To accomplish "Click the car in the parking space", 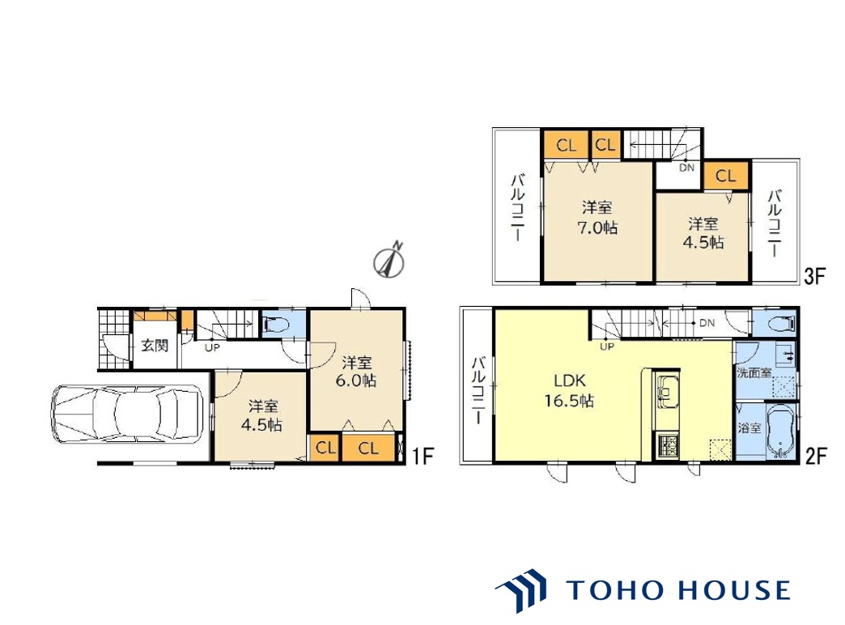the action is click(127, 415).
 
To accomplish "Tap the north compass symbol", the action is click(389, 261).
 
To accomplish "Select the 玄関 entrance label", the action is click(155, 346).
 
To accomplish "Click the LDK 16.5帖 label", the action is click(570, 391).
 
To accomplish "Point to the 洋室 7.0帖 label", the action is click(597, 218).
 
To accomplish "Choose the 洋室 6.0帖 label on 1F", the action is click(355, 372).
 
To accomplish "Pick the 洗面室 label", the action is click(754, 372).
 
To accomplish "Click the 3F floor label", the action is click(814, 277).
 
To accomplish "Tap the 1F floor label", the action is click(423, 457).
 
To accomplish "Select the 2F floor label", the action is click(815, 457).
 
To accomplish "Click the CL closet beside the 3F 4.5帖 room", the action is click(725, 176).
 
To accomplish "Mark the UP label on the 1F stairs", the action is click(212, 348).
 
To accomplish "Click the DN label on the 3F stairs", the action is click(686, 168).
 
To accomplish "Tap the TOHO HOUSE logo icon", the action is click(521, 590).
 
